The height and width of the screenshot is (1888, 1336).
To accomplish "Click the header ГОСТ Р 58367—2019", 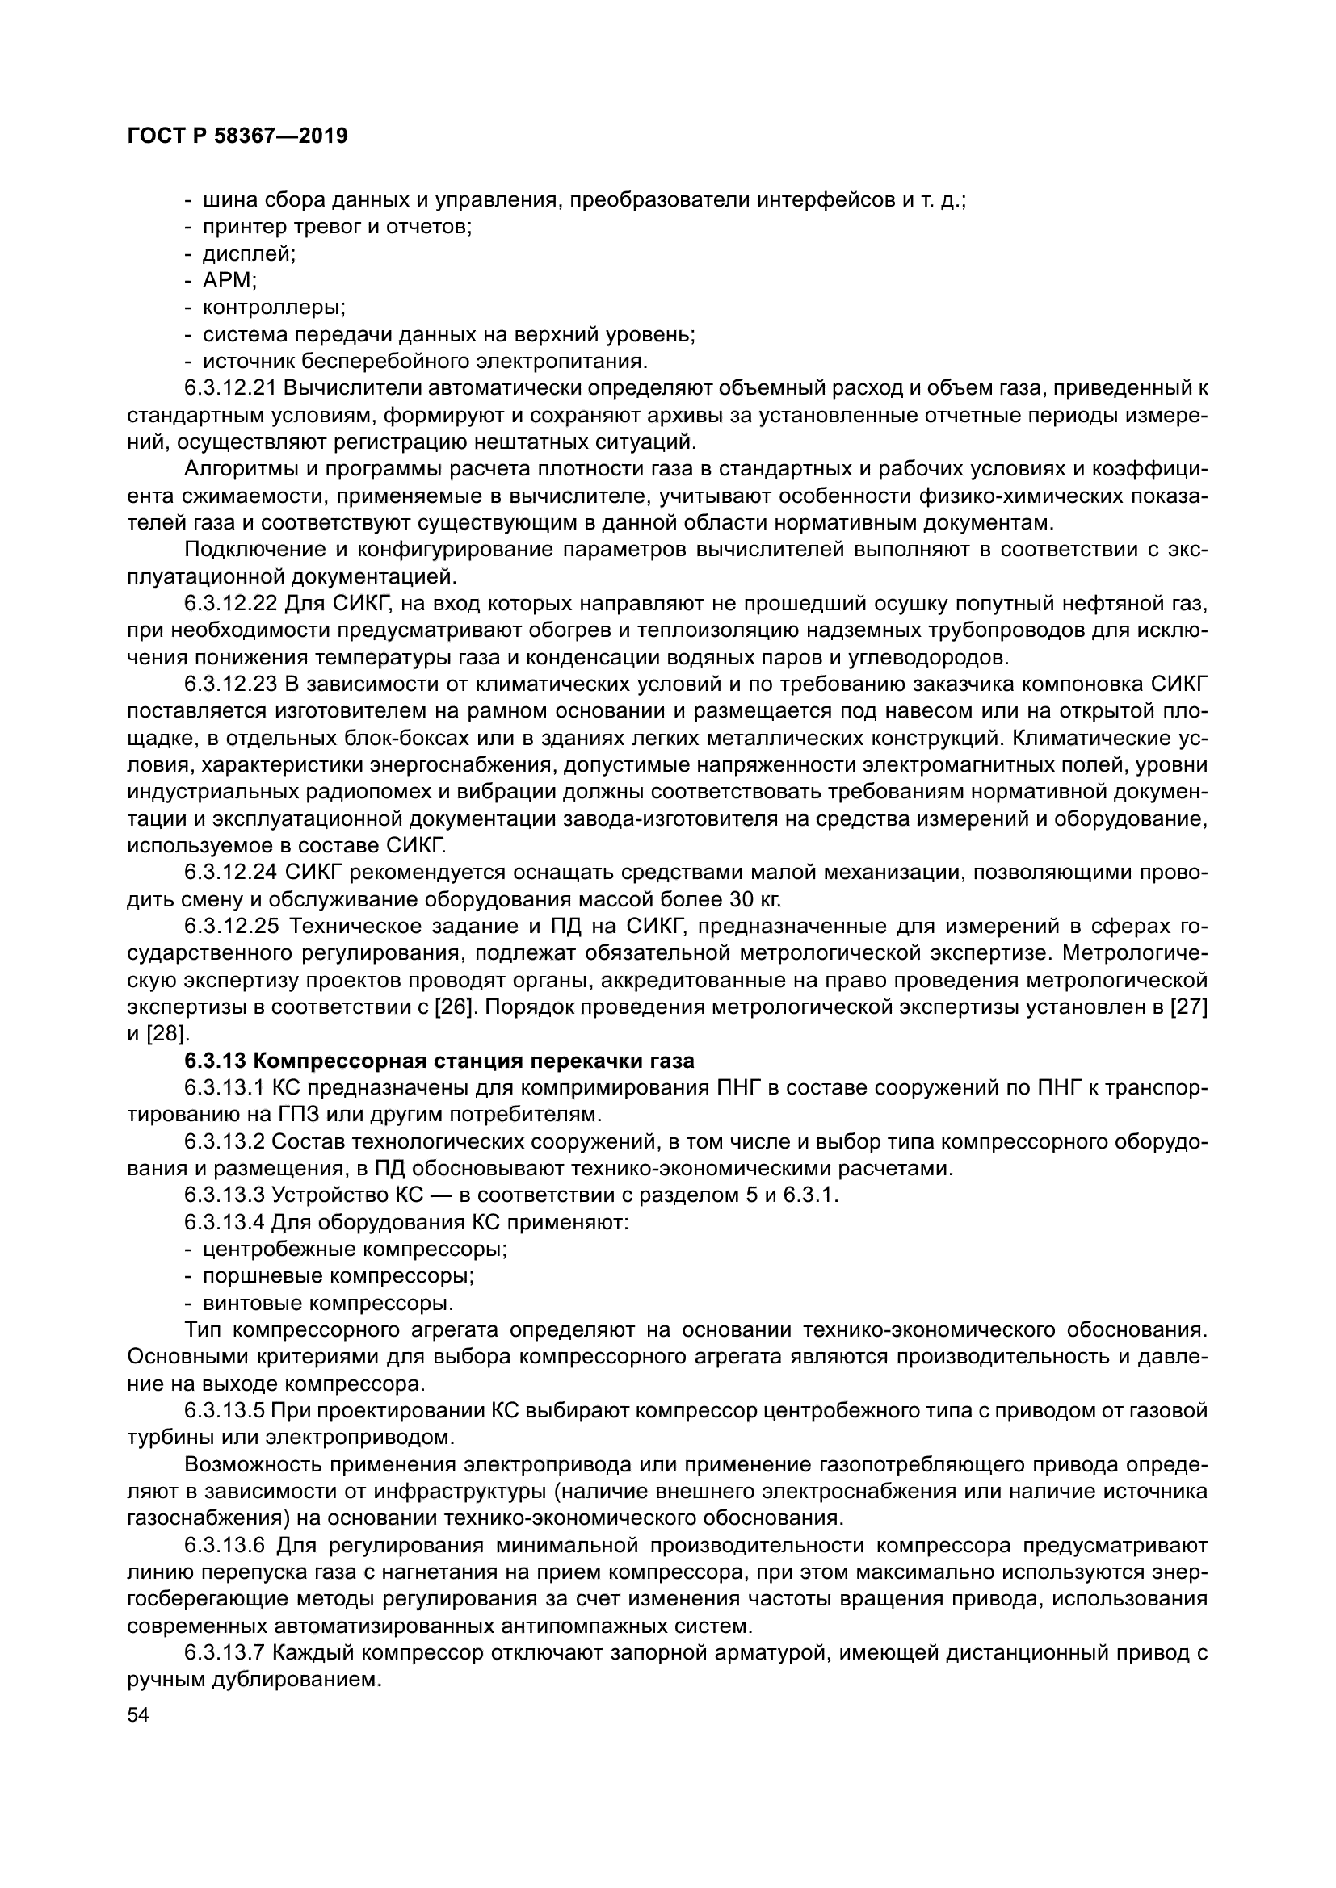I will pyautogui.click(x=237, y=136).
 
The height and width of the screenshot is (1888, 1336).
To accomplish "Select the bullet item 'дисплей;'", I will pyautogui.click(x=250, y=253).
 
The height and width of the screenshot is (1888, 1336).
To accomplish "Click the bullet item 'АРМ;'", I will pyautogui.click(x=229, y=280).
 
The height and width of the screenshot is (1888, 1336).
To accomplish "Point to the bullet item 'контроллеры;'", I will pyautogui.click(x=274, y=308).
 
